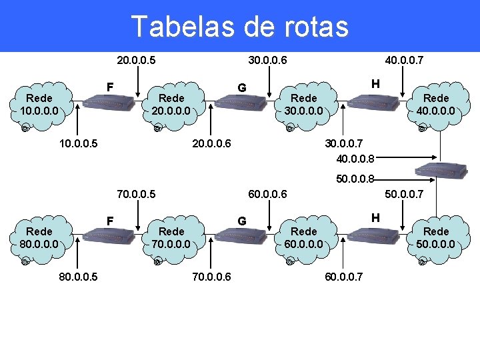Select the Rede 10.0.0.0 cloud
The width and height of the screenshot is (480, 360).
click(39, 104)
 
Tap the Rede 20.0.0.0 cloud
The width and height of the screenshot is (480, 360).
click(171, 104)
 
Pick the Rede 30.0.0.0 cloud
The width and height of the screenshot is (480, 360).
click(304, 104)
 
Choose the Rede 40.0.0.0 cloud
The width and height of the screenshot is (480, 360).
click(437, 104)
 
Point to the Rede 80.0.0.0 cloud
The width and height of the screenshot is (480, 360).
click(39, 237)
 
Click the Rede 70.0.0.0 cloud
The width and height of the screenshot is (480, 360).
click(171, 237)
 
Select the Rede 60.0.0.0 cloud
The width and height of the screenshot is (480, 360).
click(304, 237)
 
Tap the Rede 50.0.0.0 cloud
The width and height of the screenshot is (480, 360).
click(437, 237)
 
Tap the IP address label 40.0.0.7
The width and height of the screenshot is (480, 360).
click(405, 61)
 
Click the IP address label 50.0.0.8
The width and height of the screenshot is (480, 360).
click(355, 179)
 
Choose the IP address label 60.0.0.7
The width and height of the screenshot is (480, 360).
click(344, 277)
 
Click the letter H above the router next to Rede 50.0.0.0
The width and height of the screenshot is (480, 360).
click(375, 217)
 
